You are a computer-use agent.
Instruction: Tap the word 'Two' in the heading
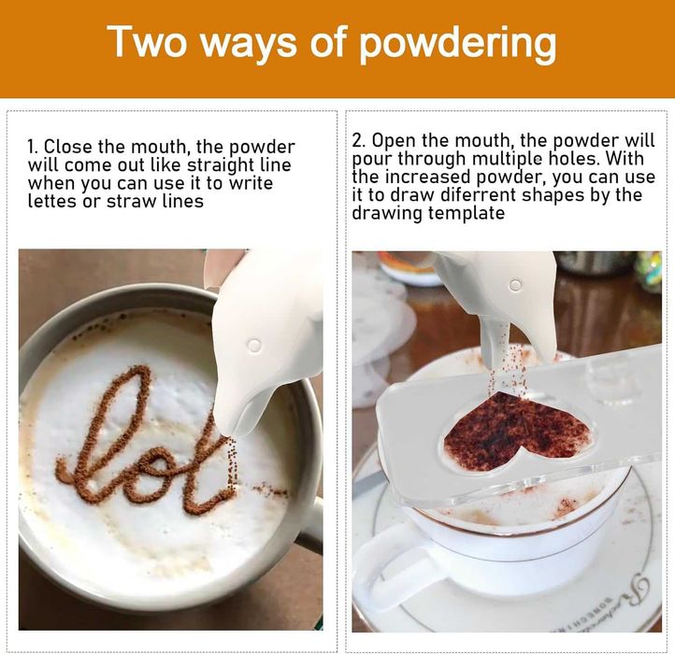(147, 41)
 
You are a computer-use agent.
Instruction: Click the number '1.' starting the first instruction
(33, 147)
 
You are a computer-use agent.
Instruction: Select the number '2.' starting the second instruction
(359, 140)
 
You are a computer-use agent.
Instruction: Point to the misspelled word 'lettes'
(52, 201)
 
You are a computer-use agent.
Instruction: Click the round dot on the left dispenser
(255, 345)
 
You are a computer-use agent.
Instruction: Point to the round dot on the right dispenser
(515, 285)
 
